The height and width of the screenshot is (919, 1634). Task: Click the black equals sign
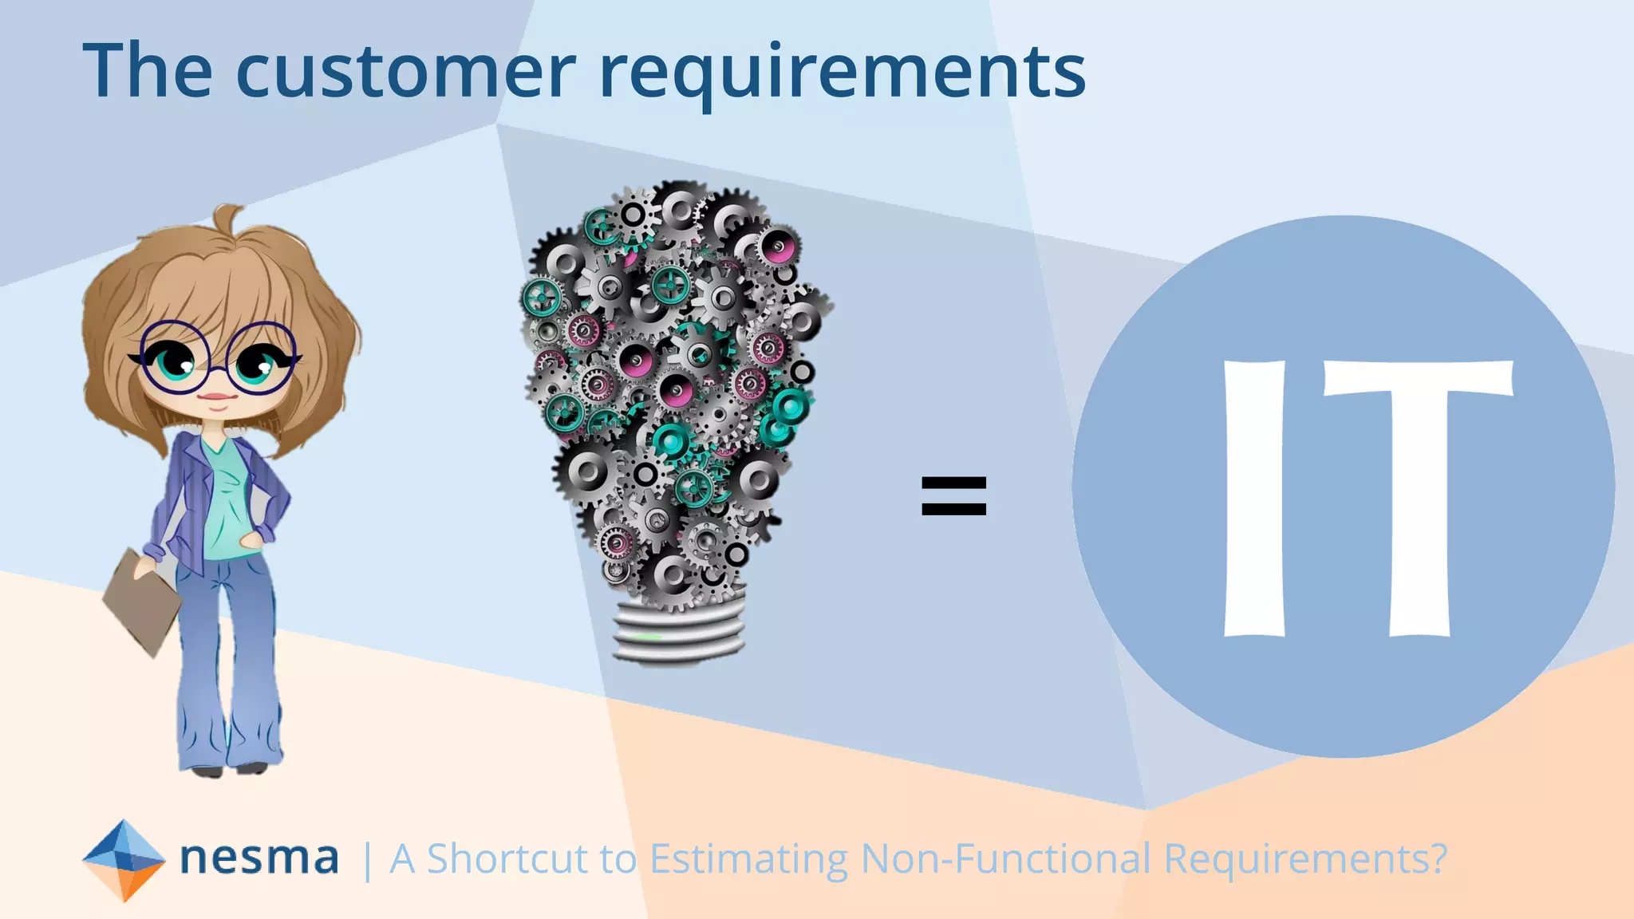click(x=953, y=495)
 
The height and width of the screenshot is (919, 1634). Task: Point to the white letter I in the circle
click(x=1254, y=499)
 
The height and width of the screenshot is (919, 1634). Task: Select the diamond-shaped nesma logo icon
click(x=124, y=860)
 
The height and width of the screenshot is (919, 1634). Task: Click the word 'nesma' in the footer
click(x=259, y=858)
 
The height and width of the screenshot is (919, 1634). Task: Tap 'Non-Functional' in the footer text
click(x=1005, y=859)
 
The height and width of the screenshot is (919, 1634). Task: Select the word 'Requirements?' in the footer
click(x=1305, y=859)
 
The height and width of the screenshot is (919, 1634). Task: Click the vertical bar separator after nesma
click(x=366, y=861)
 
